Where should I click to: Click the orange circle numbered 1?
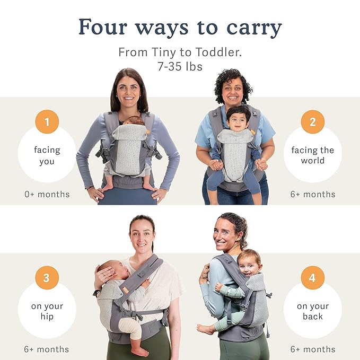click(x=47, y=122)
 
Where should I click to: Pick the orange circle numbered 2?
click(x=312, y=122)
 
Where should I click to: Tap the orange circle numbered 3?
click(x=47, y=277)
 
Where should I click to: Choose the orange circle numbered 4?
click(x=312, y=277)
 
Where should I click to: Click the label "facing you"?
click(x=47, y=156)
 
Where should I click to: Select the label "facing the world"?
click(x=312, y=155)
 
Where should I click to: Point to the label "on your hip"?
click(x=47, y=311)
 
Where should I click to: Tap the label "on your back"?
click(x=312, y=311)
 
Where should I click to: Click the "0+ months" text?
click(x=47, y=195)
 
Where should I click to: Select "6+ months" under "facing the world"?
click(x=312, y=195)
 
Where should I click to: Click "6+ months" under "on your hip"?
click(x=47, y=349)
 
